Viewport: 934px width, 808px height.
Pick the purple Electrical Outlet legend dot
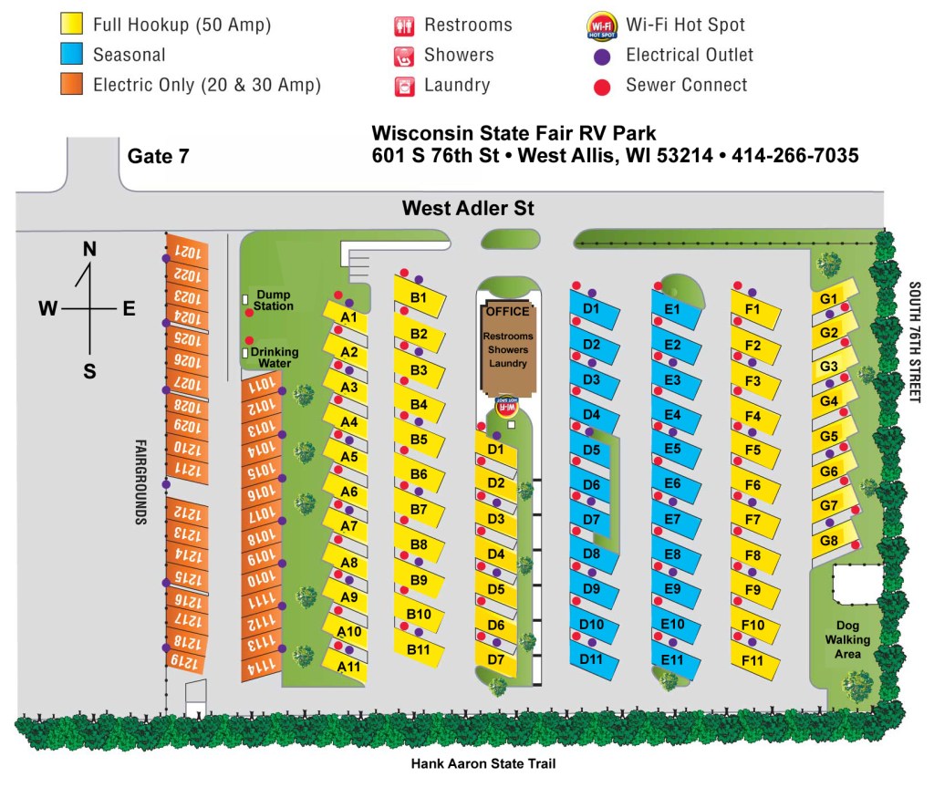pos(602,56)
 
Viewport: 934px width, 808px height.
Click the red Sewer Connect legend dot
pos(602,86)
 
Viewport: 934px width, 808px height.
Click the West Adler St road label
pos(468,209)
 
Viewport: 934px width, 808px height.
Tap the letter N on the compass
pos(89,249)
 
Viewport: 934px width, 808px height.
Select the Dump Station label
pos(274,300)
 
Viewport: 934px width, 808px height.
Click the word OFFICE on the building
pos(507,311)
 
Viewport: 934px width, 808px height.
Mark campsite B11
pos(419,649)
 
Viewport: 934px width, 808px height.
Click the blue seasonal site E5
pos(673,449)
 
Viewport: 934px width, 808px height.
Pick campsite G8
pos(830,540)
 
